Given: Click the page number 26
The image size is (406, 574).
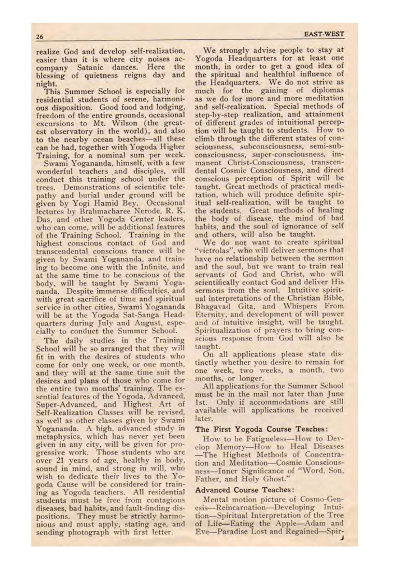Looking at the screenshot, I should tap(40, 38).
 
